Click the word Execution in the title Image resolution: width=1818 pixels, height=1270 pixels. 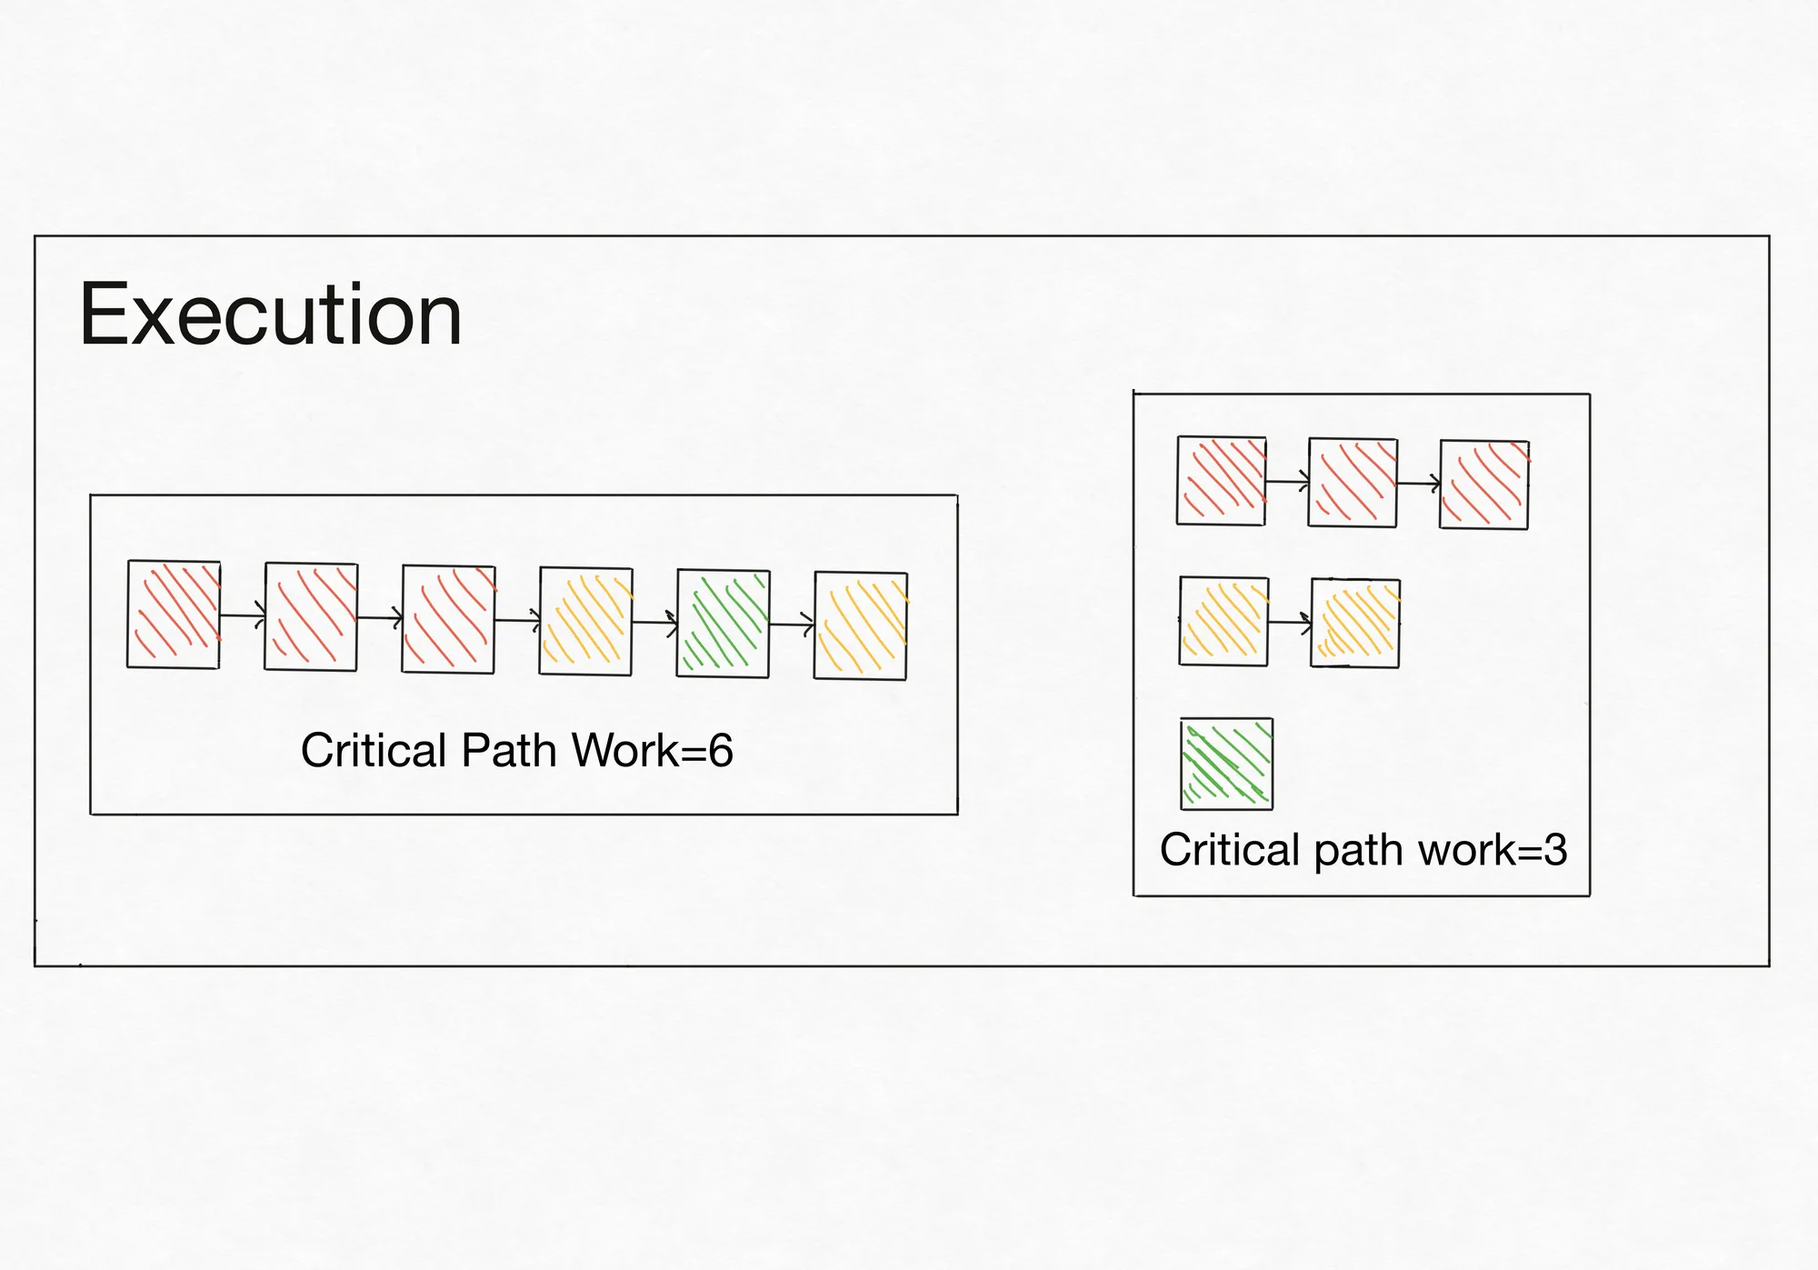pos(271,315)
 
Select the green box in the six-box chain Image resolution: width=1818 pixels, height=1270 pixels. pos(724,624)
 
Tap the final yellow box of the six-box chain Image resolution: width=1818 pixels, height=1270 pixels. pos(861,625)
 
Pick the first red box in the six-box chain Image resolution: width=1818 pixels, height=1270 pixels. pos(174,615)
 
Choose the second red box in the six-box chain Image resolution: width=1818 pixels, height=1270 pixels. pos(311,617)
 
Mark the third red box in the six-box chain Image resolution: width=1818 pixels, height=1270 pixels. pos(449,619)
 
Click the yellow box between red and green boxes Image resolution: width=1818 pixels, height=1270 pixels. pos(586,622)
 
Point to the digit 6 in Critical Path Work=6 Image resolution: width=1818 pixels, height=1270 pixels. pos(721,751)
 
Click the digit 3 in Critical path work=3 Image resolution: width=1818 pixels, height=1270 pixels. pos(1555,850)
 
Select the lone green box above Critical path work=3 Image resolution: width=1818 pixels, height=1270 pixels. pos(1227,764)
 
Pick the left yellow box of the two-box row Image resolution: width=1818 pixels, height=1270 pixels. pos(1224,621)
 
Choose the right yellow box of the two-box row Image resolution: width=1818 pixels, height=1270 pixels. pos(1355,623)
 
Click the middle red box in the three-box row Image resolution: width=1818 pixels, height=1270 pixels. pos(1353,482)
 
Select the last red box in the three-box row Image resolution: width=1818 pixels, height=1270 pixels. pos(1484,485)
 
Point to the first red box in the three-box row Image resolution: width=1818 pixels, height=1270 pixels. pos(1222,480)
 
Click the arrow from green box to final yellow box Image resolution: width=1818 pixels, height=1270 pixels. pos(792,625)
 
